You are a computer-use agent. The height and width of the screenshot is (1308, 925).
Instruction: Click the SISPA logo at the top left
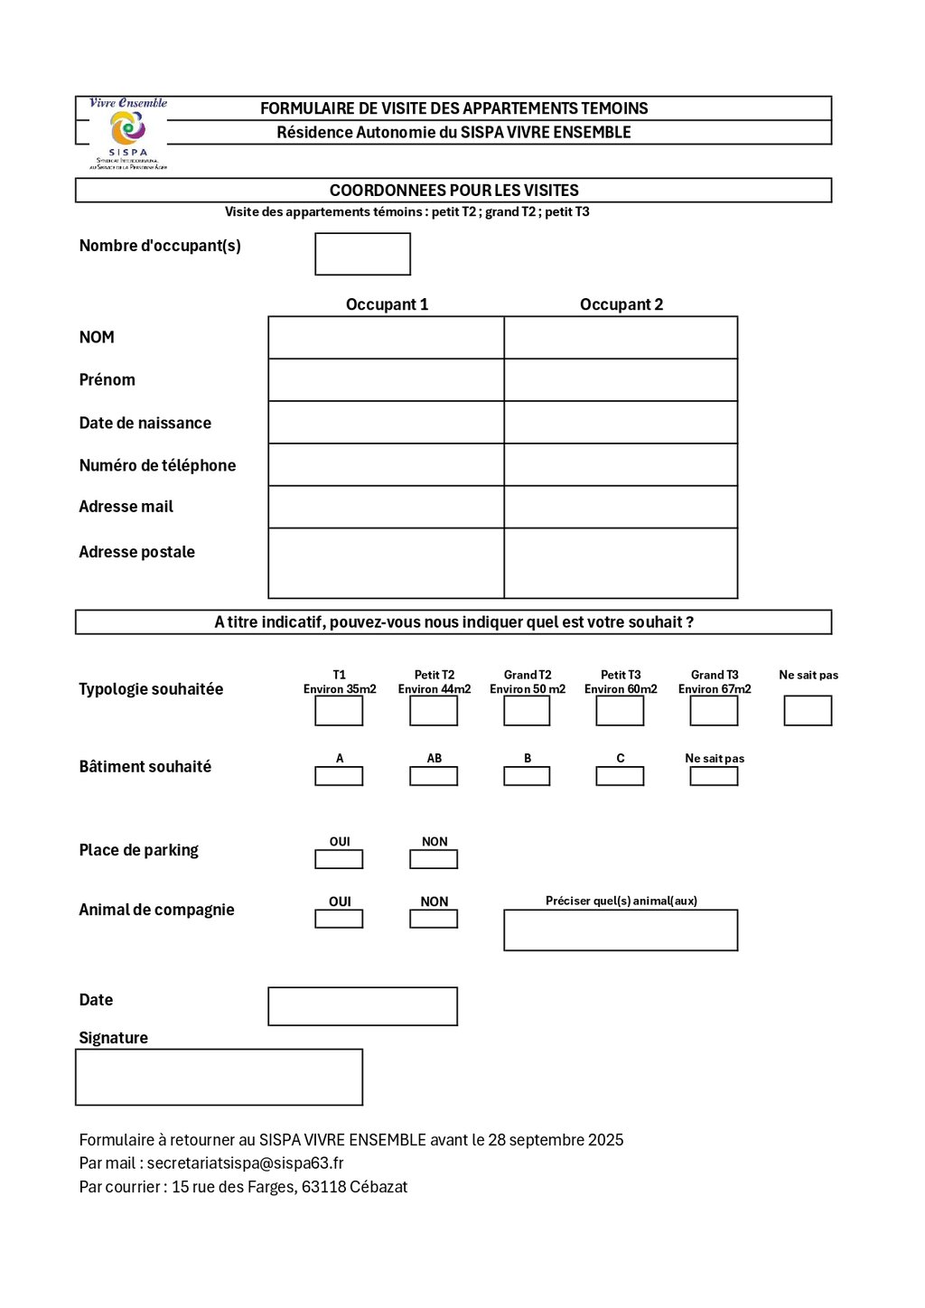click(127, 132)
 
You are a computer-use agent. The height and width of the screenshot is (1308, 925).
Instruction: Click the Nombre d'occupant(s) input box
click(362, 254)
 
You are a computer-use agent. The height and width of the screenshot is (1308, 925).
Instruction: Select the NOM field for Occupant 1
click(386, 338)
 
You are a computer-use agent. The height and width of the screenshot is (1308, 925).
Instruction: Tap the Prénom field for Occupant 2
click(621, 380)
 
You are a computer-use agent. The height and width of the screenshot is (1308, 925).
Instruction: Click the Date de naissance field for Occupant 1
click(386, 423)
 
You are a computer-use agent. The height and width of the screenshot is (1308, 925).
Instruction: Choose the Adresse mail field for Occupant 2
click(621, 507)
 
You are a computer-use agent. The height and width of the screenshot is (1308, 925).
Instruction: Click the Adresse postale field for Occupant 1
click(386, 563)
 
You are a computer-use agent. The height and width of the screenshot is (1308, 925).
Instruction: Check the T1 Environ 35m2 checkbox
click(339, 711)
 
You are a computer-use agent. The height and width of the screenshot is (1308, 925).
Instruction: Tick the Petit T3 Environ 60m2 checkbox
click(620, 711)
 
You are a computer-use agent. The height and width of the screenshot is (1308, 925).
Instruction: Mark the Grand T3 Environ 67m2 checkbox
click(714, 711)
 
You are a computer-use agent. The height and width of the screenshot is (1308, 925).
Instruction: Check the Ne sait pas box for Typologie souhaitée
click(808, 711)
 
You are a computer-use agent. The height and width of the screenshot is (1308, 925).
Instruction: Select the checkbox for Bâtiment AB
click(434, 776)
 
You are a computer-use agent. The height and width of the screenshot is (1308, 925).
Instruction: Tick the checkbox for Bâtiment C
click(620, 776)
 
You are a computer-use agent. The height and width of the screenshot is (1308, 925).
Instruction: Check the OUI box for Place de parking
click(339, 859)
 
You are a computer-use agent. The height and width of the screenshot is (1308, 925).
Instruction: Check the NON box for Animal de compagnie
click(434, 919)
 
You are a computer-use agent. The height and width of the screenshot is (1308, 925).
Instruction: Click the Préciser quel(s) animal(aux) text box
click(621, 930)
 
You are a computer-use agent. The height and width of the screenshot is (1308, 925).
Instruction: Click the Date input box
click(362, 1006)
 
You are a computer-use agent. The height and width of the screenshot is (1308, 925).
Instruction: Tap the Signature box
click(219, 1077)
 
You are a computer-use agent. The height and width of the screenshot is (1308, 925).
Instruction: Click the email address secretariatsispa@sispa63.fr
click(245, 1163)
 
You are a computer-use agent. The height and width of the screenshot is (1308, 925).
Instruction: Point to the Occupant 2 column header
click(621, 304)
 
